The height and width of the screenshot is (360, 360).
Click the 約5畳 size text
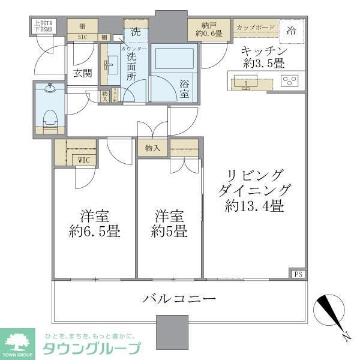pos(170,231)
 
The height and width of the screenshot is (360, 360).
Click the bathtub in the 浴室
pos(173,62)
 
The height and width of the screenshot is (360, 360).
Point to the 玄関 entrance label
pos(82,74)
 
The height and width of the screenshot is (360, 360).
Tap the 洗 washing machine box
pos(135,31)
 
